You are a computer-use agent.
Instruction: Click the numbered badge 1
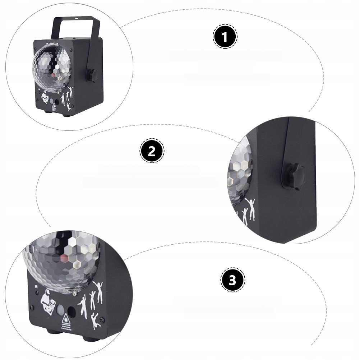(x=225, y=37)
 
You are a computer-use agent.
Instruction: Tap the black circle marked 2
(x=152, y=151)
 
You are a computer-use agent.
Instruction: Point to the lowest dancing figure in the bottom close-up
(x=95, y=320)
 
